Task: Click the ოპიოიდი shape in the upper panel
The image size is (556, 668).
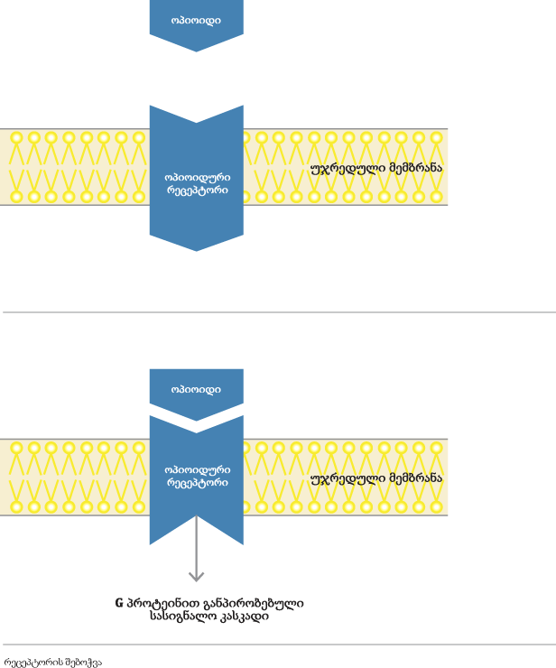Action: [x=196, y=20]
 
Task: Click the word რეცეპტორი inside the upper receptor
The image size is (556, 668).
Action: [x=197, y=190]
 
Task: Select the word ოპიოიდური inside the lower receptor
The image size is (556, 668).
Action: [x=197, y=469]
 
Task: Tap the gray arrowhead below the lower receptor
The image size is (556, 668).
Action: [x=196, y=575]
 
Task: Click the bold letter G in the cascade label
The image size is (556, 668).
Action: [x=119, y=603]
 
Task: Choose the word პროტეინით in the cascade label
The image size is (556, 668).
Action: [x=155, y=603]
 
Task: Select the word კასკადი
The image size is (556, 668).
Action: [x=243, y=617]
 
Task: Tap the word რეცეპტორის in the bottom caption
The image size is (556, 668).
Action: [x=33, y=662]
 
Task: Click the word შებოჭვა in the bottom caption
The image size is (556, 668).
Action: [x=83, y=662]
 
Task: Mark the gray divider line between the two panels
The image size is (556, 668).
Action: [x=278, y=312]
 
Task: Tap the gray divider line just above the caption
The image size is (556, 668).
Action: [x=278, y=645]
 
